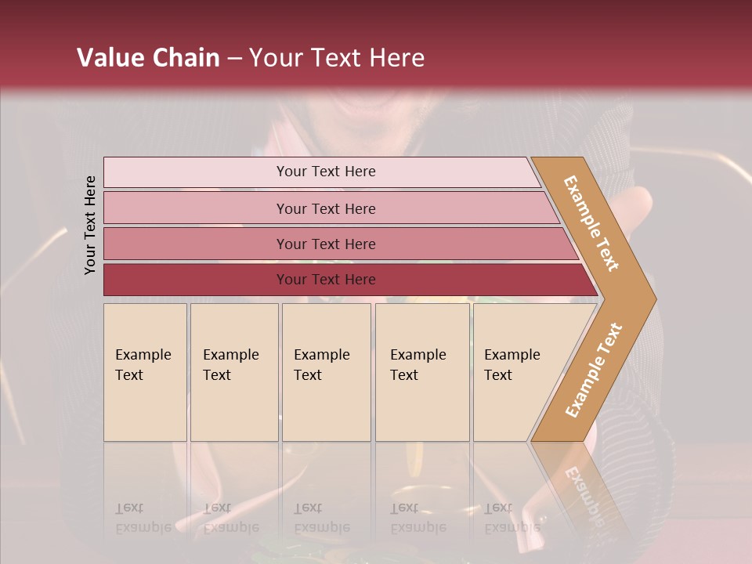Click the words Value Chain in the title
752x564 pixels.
click(148, 58)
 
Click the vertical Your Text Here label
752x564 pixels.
click(90, 225)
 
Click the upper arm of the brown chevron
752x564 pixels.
click(591, 223)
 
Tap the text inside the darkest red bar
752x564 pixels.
click(326, 280)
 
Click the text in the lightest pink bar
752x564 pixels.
click(326, 172)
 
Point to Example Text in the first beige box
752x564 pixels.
click(143, 364)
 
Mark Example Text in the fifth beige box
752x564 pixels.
click(512, 364)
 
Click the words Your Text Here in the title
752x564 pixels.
click(337, 58)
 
